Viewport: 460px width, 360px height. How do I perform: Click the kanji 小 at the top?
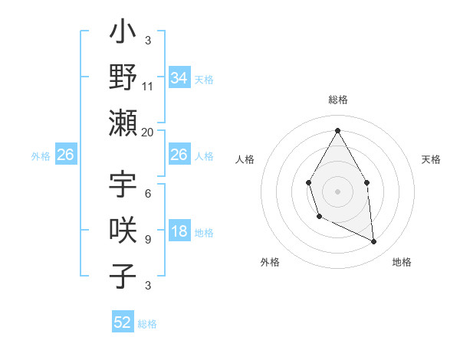pos(123,34)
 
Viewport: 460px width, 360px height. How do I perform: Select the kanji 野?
pos(123,77)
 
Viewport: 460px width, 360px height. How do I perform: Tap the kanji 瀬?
pos(123,123)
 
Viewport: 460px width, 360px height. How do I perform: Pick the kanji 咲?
pos(123,231)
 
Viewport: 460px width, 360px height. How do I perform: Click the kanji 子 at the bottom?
pos(123,276)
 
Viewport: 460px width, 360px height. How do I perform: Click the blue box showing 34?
pos(179,77)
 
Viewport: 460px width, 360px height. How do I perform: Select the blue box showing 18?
pos(179,232)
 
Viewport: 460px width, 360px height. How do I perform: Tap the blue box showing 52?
pos(123,322)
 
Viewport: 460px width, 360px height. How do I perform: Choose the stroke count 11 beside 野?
pos(148,87)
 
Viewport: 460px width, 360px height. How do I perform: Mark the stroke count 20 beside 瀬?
pos(148,132)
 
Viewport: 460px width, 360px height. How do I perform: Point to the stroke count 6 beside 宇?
pos(147,195)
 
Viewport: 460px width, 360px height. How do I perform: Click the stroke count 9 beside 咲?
pos(147,240)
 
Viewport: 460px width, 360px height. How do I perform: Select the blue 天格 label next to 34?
pos(204,79)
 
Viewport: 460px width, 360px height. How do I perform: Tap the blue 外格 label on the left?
pos(41,155)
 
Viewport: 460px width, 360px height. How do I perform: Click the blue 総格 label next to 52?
pos(147,324)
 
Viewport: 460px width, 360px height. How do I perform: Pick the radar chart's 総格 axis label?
pos(337,100)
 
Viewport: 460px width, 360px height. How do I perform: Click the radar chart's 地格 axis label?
pos(402,263)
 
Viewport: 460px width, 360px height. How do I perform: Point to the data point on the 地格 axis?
pos(374,242)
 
